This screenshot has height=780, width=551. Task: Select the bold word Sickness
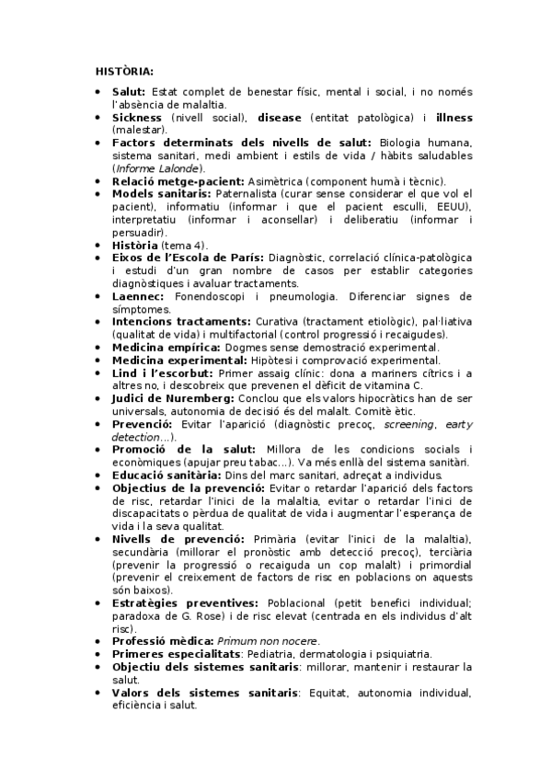pyautogui.click(x=137, y=118)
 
